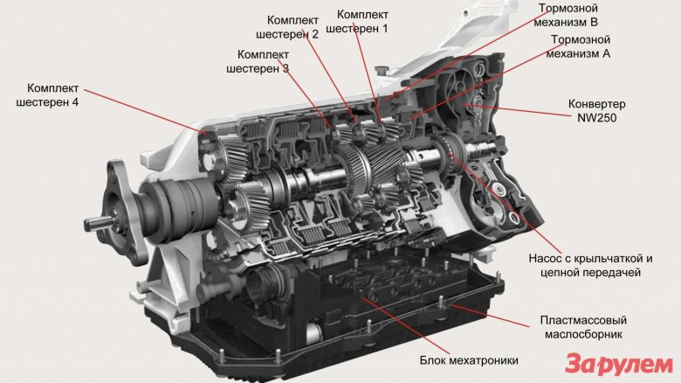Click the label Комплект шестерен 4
(47, 95)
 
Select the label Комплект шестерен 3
(258, 62)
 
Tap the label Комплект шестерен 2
(287, 27)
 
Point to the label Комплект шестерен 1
(357, 21)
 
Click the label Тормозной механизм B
(566, 15)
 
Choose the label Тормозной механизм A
(578, 46)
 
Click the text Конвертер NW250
(596, 111)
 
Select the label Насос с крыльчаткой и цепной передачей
(590, 266)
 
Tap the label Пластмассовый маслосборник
(583, 327)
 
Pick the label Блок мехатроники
(469, 360)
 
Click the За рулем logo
(619, 364)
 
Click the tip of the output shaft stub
(86, 224)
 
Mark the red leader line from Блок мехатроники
(406, 326)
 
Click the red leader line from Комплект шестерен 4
(146, 111)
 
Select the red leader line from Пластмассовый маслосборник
(491, 316)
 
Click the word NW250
(596, 118)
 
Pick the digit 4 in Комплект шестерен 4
(75, 102)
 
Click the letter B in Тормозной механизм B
(594, 22)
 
